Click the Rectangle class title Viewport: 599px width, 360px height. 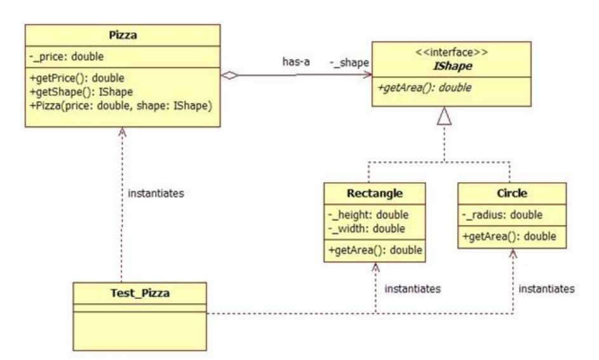[x=375, y=192]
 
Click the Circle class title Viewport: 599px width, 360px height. [x=511, y=192]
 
